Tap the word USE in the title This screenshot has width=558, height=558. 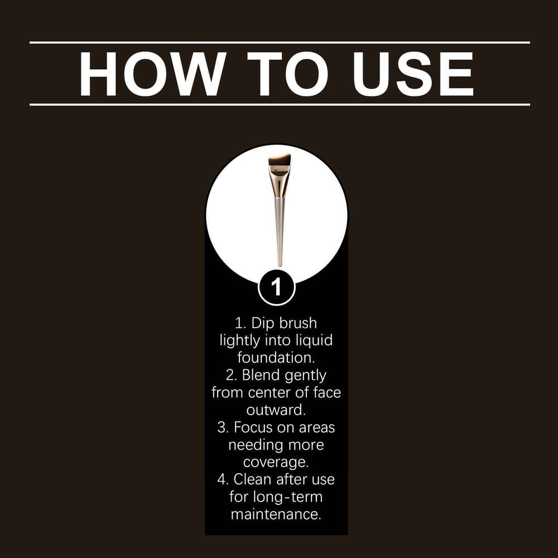[413, 74]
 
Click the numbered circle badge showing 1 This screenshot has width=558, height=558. [277, 287]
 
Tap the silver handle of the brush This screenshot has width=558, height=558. [280, 232]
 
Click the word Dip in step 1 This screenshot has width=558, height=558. [263, 324]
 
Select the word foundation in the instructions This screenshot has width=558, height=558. [276, 358]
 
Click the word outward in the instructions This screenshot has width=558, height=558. [276, 410]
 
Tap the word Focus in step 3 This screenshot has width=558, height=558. [253, 427]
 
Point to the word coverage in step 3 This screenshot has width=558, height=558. [276, 463]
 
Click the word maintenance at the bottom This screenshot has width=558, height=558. [276, 514]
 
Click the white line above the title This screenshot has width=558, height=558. [280, 42]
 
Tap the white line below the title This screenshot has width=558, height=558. [280, 105]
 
